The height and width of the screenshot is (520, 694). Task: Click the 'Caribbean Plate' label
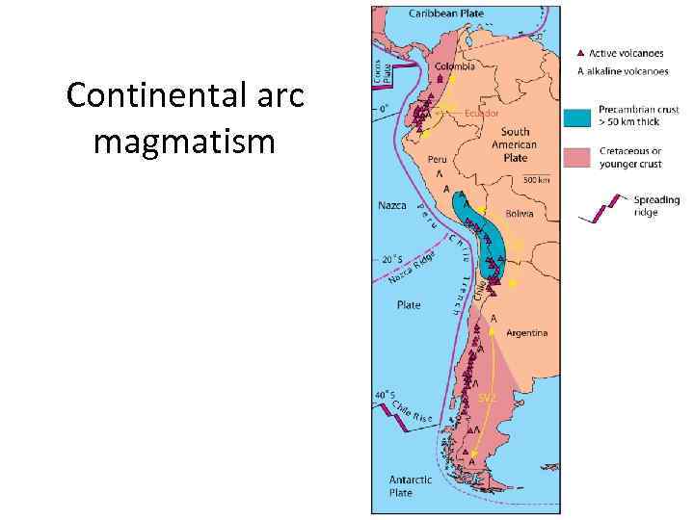pyautogui.click(x=446, y=13)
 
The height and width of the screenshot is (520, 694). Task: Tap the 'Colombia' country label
pyautogui.click(x=454, y=66)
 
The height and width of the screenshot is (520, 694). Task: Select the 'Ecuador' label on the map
pyautogui.click(x=481, y=113)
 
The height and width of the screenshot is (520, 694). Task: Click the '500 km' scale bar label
pyautogui.click(x=537, y=180)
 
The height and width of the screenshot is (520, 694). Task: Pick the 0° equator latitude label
pyautogui.click(x=384, y=109)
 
